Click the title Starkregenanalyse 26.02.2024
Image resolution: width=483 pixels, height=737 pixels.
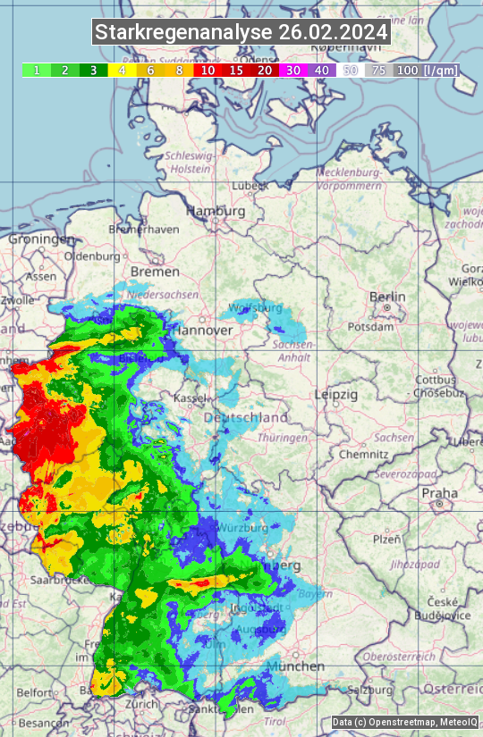click(241, 33)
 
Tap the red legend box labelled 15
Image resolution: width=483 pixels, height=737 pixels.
click(236, 70)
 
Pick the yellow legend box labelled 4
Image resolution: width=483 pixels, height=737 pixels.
click(122, 70)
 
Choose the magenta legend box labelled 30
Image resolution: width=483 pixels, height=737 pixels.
click(293, 70)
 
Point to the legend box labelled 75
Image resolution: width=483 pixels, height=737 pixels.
click(378, 70)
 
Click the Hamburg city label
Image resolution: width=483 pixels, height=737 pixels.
click(216, 212)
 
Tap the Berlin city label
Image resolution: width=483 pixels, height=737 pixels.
click(387, 297)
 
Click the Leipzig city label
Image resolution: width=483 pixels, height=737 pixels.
click(336, 394)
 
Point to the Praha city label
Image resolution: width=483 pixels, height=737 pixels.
click(439, 493)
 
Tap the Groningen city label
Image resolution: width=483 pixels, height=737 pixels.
click(41, 239)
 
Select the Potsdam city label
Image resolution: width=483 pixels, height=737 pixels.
click(370, 327)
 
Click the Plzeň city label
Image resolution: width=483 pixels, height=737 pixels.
click(386, 540)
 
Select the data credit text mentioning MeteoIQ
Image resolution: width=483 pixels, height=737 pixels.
click(404, 722)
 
